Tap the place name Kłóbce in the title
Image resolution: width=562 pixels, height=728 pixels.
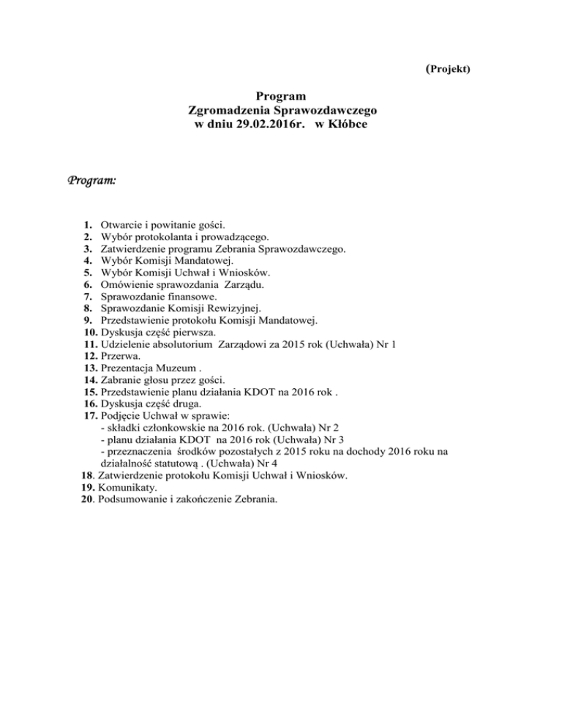(345, 125)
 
